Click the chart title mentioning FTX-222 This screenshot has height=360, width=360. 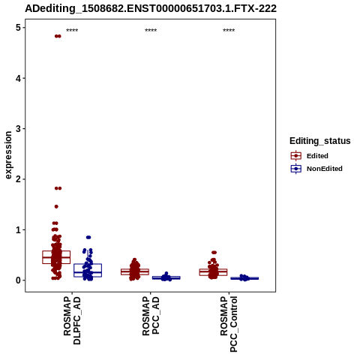point(151,8)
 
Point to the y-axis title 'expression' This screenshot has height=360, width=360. point(8,155)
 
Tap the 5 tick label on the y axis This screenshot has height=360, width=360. point(18,28)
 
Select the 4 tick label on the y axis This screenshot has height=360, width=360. point(18,78)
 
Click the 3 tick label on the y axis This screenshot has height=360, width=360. point(18,129)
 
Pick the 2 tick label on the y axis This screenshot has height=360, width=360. point(18,179)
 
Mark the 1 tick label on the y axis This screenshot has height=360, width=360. point(18,229)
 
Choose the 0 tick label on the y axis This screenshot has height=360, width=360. point(18,280)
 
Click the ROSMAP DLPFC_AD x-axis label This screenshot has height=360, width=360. point(72,320)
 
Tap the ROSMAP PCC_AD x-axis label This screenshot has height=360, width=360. point(151,316)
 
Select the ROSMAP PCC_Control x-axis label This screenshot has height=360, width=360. point(229,324)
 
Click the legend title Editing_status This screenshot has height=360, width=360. point(320,141)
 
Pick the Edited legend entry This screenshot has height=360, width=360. point(317,156)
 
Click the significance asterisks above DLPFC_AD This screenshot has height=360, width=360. point(72,31)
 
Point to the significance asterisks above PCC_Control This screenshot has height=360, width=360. point(229,31)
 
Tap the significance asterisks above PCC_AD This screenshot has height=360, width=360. point(151,31)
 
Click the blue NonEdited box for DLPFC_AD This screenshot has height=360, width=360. point(88,270)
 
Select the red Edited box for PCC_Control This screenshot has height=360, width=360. point(213,272)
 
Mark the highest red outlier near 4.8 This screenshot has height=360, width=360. point(58,36)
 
